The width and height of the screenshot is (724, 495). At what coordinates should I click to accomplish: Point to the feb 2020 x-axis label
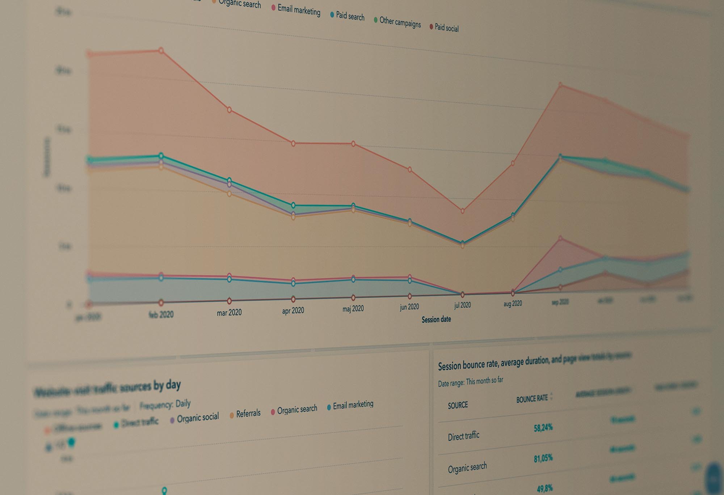pos(161,314)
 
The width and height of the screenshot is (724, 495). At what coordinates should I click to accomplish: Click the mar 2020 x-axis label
pos(229,312)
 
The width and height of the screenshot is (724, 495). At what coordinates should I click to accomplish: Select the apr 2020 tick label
pos(293,310)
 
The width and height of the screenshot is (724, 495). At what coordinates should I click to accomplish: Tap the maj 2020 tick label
pos(353,309)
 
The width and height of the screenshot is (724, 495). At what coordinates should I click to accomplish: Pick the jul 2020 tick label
pos(462,305)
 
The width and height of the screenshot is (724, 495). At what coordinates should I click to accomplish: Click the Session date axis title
pos(436,320)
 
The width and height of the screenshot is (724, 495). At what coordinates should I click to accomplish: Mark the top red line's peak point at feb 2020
pos(161,50)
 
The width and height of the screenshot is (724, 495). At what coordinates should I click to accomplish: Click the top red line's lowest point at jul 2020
pos(462,211)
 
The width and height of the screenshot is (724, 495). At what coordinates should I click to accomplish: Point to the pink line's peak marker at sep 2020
pos(560,238)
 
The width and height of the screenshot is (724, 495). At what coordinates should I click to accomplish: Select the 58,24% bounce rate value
pos(543,428)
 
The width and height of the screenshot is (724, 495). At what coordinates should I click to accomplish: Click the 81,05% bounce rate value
pos(543,459)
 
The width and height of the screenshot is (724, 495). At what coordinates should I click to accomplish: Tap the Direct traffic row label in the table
pos(463,436)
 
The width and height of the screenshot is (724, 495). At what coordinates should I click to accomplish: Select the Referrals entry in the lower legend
pos(248,414)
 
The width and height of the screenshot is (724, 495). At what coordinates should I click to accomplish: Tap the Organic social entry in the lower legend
pos(197,418)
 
